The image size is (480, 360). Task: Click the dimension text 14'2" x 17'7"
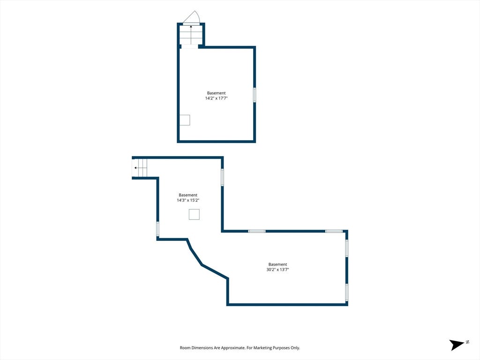click(x=216, y=98)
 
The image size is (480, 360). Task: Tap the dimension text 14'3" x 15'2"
click(x=188, y=200)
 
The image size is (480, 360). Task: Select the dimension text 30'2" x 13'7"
click(x=277, y=270)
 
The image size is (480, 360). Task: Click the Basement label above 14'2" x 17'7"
click(x=216, y=93)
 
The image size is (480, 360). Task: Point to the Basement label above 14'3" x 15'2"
click(x=188, y=195)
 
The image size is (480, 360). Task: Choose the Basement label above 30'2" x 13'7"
click(x=277, y=264)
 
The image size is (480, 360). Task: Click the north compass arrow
click(x=457, y=345)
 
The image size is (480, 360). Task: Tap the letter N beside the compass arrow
click(x=467, y=342)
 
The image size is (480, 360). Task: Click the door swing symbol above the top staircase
click(x=192, y=17)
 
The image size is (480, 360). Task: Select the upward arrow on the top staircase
click(x=191, y=35)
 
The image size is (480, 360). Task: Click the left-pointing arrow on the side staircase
click(x=141, y=168)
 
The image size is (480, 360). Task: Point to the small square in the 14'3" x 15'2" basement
click(x=194, y=214)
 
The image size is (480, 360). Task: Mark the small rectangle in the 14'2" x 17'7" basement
click(x=185, y=120)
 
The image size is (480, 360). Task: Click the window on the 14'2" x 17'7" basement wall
click(x=255, y=95)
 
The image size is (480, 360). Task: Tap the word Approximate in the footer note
click(x=233, y=348)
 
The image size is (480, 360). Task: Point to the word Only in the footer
click(x=295, y=348)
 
